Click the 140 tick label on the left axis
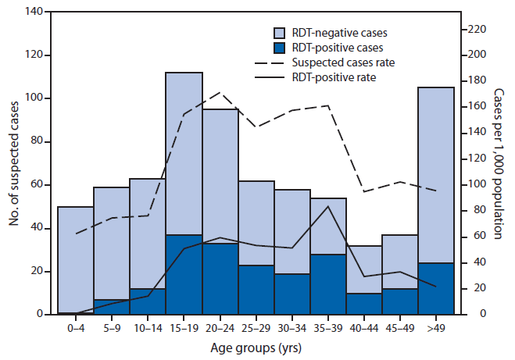pyautogui.click(x=37, y=12)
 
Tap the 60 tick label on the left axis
pyautogui.click(x=40, y=185)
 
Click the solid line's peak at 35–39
pyautogui.click(x=328, y=206)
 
